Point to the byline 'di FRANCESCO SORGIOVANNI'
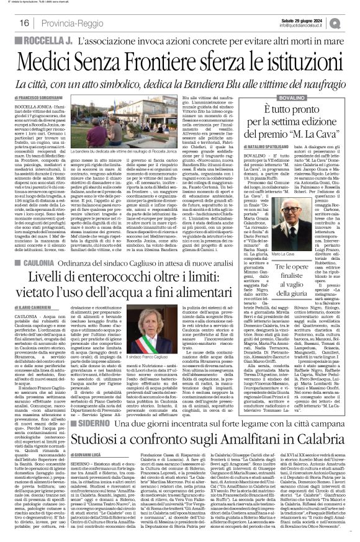tap(37, 99)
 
